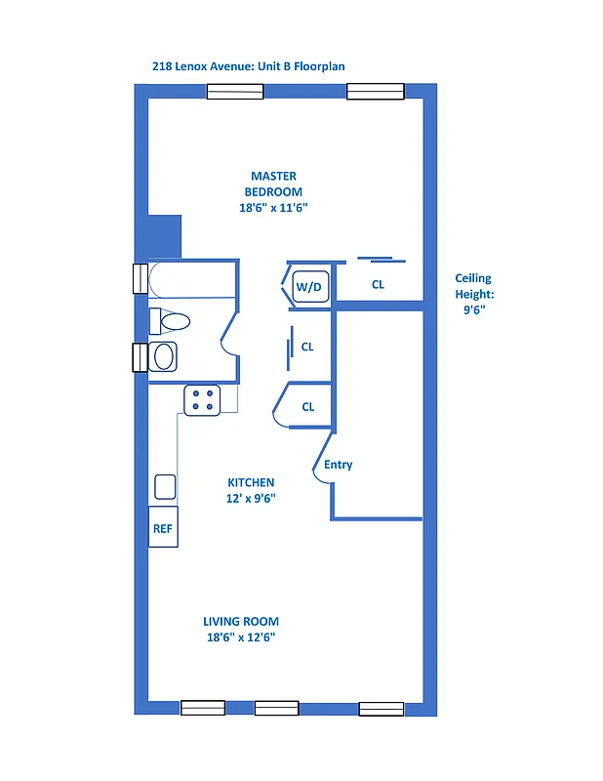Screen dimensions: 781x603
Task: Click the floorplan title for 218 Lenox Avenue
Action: (x=249, y=66)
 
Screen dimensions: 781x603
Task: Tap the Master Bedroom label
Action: (x=272, y=192)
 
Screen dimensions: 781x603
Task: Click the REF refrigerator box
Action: (x=162, y=528)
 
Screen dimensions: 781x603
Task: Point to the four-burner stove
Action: (x=203, y=400)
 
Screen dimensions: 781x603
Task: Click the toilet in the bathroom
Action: (x=171, y=320)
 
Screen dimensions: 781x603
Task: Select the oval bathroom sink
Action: (x=163, y=357)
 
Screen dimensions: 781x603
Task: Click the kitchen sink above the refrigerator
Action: (x=165, y=487)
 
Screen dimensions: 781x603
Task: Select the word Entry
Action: (x=338, y=465)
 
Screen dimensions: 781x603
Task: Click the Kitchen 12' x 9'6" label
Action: (x=251, y=490)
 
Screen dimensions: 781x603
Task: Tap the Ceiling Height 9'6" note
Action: (x=474, y=293)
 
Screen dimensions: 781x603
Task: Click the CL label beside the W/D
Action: (x=378, y=285)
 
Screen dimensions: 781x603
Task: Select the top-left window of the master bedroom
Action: (x=234, y=92)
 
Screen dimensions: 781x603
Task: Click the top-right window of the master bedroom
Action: (x=376, y=92)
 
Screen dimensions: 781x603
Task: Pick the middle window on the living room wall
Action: (x=276, y=708)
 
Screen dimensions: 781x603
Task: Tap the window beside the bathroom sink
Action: (x=139, y=357)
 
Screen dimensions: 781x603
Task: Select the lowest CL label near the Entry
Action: (x=307, y=407)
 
